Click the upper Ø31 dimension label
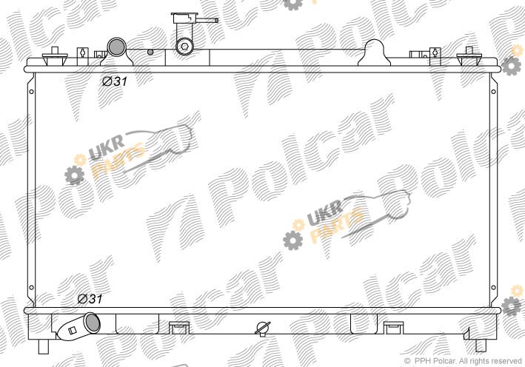pyautogui.click(x=115, y=81)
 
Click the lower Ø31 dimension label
pyautogui.click(x=90, y=298)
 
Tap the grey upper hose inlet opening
pyautogui.click(x=116, y=47)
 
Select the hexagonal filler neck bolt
pyautogui.click(x=184, y=46)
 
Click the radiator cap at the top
pyautogui.click(x=184, y=18)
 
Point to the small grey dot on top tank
pyautogui.click(x=150, y=52)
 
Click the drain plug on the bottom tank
pyautogui.click(x=263, y=329)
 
